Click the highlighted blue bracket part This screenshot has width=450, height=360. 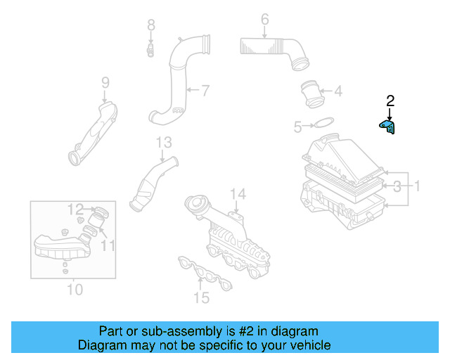tap(388, 127)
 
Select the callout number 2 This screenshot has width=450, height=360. tap(390, 101)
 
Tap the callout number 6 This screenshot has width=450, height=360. tap(264, 19)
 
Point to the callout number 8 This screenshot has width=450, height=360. tap(150, 25)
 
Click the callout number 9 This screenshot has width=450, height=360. tap(105, 83)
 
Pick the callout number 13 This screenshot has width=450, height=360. tap(163, 143)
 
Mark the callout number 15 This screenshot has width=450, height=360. tap(202, 298)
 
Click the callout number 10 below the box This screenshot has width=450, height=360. tap(75, 289)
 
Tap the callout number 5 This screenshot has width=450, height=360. tap(297, 127)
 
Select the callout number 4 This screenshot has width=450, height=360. tap(337, 91)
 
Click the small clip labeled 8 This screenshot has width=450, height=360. tap(150, 50)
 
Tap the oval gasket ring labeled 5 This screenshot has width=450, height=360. tap(323, 125)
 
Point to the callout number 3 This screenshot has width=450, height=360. tap(397, 186)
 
